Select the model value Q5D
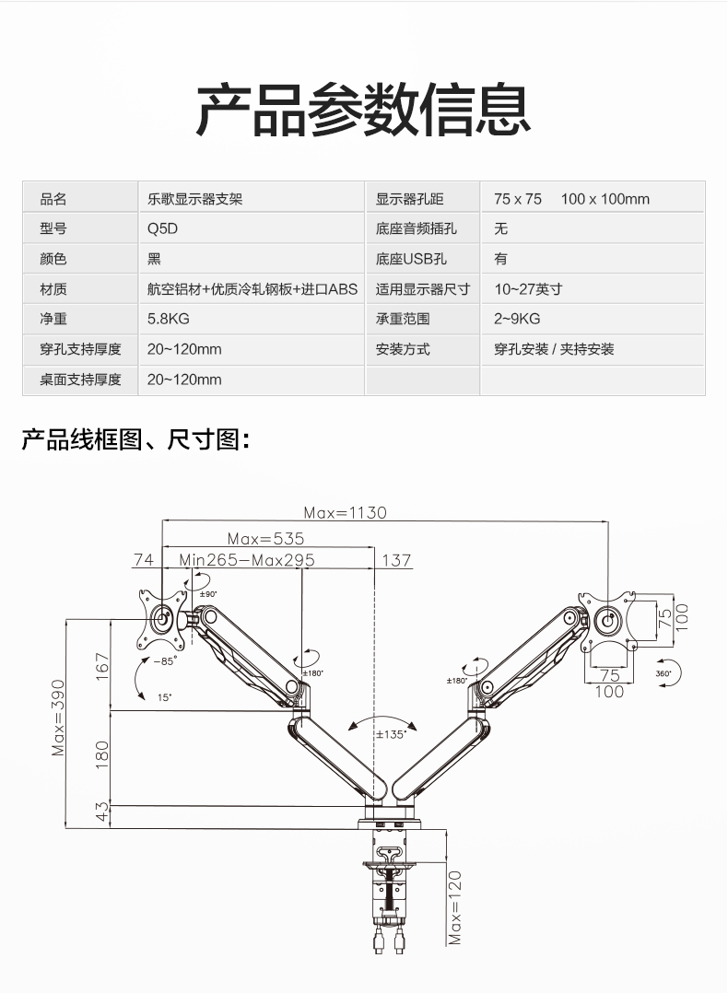point(162,228)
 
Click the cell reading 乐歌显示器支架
point(194,198)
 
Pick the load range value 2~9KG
point(517,319)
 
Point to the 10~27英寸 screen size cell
point(528,289)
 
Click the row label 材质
point(53,289)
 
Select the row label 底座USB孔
point(411,259)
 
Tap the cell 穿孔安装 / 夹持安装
point(554,349)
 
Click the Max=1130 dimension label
point(346,512)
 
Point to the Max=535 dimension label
point(265,538)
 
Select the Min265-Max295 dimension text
point(247,560)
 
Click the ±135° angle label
point(392,734)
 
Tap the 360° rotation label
point(663,674)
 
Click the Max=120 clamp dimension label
point(454,907)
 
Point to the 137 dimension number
point(396,560)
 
